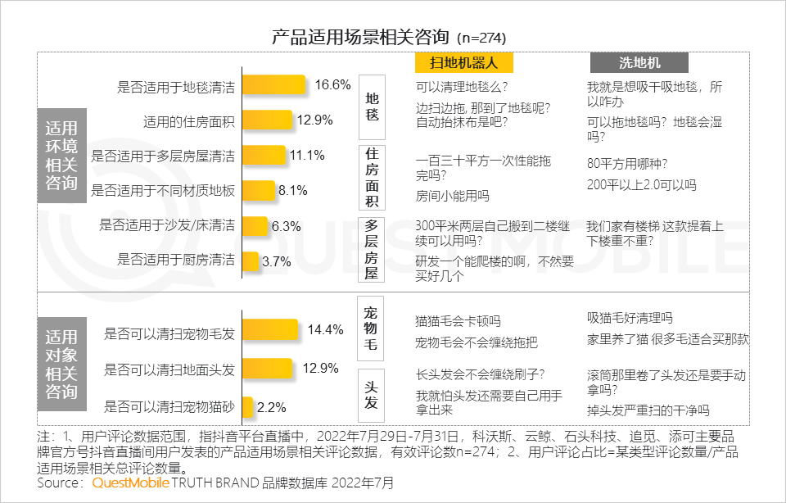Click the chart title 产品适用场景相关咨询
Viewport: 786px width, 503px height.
(361, 37)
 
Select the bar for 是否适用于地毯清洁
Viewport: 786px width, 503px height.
(274, 85)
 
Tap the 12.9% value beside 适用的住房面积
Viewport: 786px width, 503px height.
(314, 120)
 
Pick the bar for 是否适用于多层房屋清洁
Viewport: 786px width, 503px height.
(264, 156)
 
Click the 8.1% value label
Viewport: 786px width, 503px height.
(292, 191)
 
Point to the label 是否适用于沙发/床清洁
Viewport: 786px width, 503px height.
(167, 225)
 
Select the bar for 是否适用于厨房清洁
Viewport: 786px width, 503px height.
(251, 261)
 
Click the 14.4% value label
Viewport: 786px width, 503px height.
(324, 330)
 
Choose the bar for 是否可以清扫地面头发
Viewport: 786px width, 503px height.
(268, 368)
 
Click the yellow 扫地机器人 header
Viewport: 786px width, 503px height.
(463, 62)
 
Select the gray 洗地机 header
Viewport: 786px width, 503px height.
(639, 62)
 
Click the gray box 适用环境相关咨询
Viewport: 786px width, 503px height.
(61, 155)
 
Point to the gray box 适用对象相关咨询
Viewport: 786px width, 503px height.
(61, 364)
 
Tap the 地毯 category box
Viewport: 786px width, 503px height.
(373, 106)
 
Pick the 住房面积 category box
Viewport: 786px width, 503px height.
(373, 177)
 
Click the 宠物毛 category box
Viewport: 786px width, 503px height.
(372, 329)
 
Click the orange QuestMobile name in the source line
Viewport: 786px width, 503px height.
(131, 483)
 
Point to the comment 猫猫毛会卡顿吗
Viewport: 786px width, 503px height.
(458, 320)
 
